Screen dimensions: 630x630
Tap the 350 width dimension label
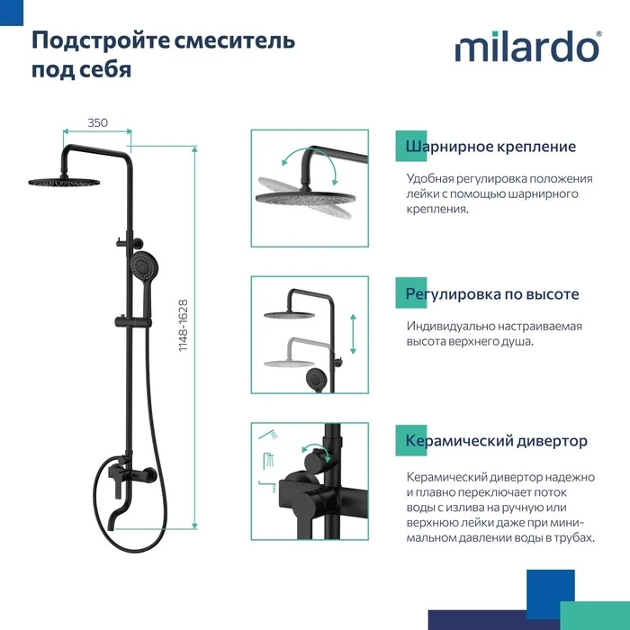[97, 122]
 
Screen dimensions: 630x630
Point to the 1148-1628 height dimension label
[184, 326]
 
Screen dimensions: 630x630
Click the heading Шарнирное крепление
[490, 147]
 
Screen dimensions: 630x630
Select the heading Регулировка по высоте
[492, 294]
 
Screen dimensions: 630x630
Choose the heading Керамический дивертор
[496, 441]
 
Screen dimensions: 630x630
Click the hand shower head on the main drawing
[144, 265]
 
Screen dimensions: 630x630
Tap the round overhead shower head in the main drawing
[64, 183]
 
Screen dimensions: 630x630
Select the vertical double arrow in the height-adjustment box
[353, 334]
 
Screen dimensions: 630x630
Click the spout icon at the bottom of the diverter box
[268, 486]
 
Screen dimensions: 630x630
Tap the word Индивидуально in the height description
[450, 326]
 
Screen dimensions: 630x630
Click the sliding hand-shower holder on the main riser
[133, 322]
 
